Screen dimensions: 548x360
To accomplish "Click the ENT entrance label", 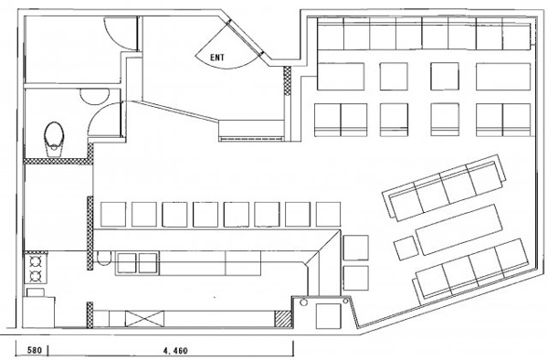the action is [x=217, y=58].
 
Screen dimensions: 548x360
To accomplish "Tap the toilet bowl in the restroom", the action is [x=54, y=138].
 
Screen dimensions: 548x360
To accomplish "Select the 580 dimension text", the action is [x=35, y=350].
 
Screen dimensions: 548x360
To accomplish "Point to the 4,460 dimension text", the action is [x=175, y=350].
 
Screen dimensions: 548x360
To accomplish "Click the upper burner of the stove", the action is [x=36, y=262].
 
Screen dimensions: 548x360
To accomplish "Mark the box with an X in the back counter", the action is [x=144, y=319].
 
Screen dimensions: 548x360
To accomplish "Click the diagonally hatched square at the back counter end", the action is [x=283, y=319].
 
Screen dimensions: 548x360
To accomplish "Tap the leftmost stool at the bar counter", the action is [x=113, y=214].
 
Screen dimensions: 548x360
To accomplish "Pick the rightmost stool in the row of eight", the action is [x=328, y=214].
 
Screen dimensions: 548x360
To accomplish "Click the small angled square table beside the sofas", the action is [x=406, y=248].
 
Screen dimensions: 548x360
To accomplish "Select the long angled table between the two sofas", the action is [x=458, y=229].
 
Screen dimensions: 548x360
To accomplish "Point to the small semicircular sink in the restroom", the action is [x=94, y=96].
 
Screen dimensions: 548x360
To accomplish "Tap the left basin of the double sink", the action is [x=127, y=263].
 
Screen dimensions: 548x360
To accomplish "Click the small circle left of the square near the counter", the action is [x=303, y=302].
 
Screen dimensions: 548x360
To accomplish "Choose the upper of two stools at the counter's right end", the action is [x=356, y=248].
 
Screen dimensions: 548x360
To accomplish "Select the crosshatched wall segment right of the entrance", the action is [x=287, y=80].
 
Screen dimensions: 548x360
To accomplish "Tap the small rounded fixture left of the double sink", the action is [x=104, y=259].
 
